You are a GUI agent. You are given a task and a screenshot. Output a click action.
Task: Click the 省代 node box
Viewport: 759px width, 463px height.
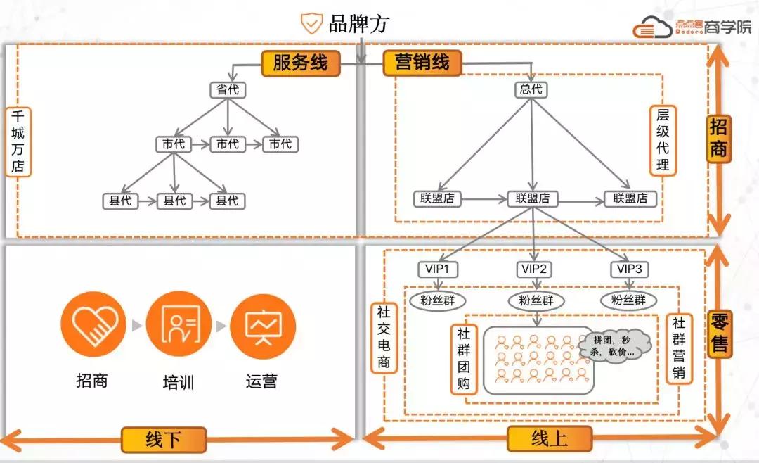click(226, 90)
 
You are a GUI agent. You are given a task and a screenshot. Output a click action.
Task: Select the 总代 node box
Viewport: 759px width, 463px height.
click(531, 90)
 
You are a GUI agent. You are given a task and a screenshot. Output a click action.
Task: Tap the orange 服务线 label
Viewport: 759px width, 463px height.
click(300, 63)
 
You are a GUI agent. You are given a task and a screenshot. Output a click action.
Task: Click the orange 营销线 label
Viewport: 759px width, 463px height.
click(422, 63)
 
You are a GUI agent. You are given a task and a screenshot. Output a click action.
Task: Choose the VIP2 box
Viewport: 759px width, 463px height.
click(535, 269)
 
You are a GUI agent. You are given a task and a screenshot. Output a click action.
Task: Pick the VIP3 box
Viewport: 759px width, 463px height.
click(628, 269)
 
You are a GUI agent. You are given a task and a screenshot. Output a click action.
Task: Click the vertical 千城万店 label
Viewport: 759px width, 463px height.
click(18, 141)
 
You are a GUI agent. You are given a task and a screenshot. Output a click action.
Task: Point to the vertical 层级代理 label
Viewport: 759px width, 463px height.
click(663, 140)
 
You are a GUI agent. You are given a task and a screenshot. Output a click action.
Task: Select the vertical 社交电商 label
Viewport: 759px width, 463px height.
click(384, 337)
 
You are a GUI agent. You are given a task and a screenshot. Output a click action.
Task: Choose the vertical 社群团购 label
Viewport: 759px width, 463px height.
click(465, 359)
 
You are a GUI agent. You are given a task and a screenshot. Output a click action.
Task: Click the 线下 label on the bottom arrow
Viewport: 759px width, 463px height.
click(163, 440)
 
